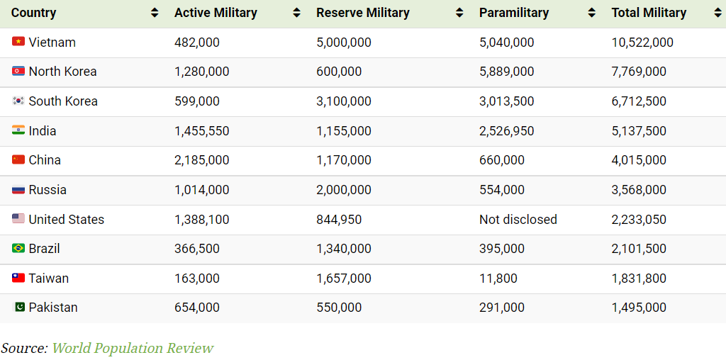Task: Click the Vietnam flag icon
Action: [18, 42]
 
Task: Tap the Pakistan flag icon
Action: [18, 307]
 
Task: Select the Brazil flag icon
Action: [18, 248]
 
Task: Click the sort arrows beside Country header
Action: [155, 13]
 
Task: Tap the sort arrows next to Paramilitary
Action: [591, 13]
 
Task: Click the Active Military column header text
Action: [216, 13]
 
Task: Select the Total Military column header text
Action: [649, 13]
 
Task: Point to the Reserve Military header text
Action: [363, 13]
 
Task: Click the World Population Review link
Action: [133, 348]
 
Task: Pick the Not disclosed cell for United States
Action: [518, 219]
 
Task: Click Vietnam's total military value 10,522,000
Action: [642, 43]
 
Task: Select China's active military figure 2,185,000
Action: [201, 160]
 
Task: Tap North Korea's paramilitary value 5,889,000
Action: [506, 72]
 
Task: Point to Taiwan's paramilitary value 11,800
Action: [498, 279]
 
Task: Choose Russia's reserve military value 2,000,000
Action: [343, 190]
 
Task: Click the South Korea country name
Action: [63, 101]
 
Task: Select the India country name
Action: [43, 131]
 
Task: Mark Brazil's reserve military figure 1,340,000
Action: [343, 249]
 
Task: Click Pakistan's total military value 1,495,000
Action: [639, 308]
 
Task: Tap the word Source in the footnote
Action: [23, 348]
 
